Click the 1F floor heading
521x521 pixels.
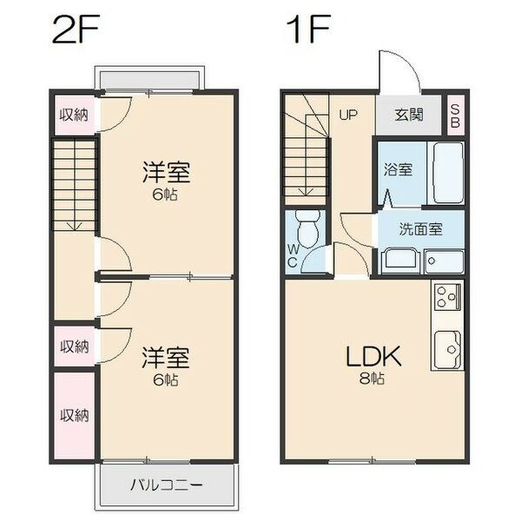click(308, 29)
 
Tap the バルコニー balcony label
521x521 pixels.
click(166, 485)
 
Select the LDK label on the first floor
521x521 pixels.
click(373, 356)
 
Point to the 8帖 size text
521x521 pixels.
click(372, 378)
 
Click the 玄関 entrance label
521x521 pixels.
click(409, 115)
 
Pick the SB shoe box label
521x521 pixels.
click(455, 116)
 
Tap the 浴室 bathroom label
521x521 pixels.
click(398, 169)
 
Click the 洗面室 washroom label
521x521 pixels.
click(420, 229)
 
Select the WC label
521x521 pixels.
click(293, 255)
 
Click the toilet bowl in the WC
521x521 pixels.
click(308, 228)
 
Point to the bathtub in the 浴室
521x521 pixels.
click(448, 173)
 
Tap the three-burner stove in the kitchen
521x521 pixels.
click(447, 297)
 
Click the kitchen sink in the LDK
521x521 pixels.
click(447, 349)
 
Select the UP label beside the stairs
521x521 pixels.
click(348, 115)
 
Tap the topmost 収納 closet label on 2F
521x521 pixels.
click(74, 115)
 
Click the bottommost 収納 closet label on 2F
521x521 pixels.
click(75, 415)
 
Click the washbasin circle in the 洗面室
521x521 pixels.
click(431, 260)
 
